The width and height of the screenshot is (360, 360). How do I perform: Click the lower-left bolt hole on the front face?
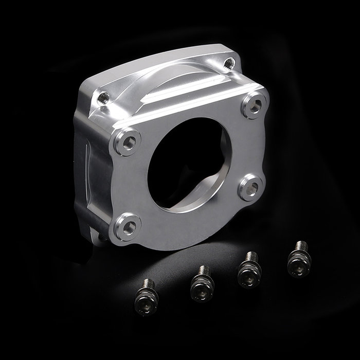128,224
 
